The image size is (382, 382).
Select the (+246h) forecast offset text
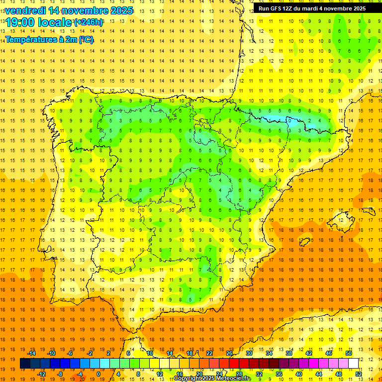(x=89, y=22)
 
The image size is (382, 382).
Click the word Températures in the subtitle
(x=31, y=40)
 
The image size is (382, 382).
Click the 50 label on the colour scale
(x=348, y=353)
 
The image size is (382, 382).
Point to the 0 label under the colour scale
(x=98, y=374)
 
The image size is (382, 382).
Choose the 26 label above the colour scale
(x=229, y=353)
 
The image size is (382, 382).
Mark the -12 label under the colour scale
(x=42, y=374)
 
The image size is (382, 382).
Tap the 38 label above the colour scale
(x=289, y=353)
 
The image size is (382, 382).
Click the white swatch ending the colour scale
(x=353, y=363)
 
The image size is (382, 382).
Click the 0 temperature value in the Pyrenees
(x=289, y=120)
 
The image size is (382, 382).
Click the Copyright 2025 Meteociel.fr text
(x=212, y=379)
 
